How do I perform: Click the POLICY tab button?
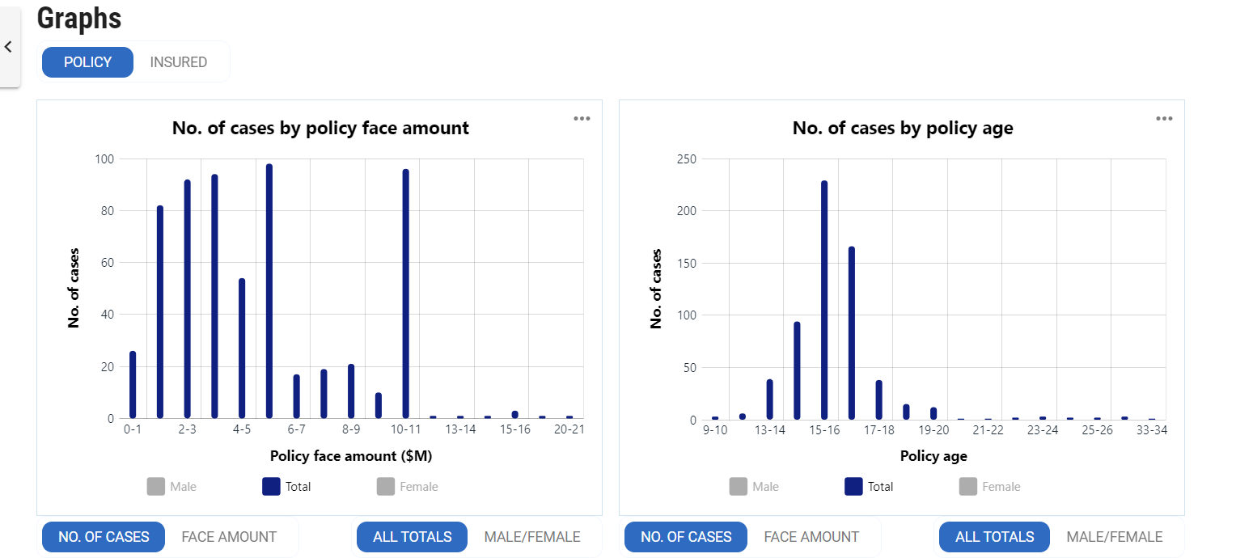tap(87, 62)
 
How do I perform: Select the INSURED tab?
tap(179, 62)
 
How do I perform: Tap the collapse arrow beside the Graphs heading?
tap(9, 47)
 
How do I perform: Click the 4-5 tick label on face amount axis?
tap(241, 429)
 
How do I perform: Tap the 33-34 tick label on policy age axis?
tap(1151, 430)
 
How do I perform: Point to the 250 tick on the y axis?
tap(686, 159)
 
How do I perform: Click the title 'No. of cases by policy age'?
tap(902, 128)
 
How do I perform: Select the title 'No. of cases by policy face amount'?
tap(320, 128)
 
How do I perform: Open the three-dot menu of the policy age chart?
tap(1164, 119)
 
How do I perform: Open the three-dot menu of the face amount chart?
tap(582, 119)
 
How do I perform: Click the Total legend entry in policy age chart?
tap(869, 487)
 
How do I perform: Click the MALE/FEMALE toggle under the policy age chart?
tap(1114, 537)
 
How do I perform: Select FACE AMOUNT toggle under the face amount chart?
tap(229, 537)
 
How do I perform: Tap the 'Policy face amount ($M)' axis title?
tap(351, 456)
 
